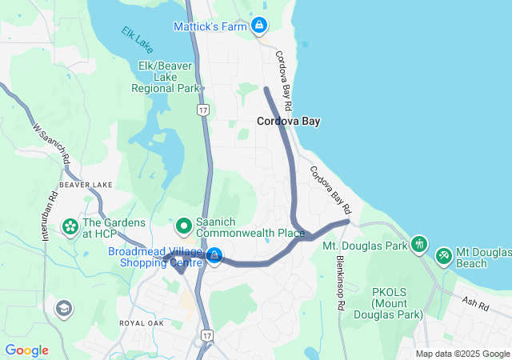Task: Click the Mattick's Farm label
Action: click(x=210, y=26)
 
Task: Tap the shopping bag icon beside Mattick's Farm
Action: click(x=259, y=26)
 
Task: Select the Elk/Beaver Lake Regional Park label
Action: click(x=167, y=76)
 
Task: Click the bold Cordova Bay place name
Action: click(x=288, y=122)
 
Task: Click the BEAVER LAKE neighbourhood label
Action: click(x=86, y=185)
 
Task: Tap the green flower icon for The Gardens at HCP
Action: click(x=70, y=227)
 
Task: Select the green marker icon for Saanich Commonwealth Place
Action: click(x=183, y=226)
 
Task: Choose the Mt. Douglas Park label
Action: click(x=365, y=246)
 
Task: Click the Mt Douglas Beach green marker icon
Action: click(x=444, y=255)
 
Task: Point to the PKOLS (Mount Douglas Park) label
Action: click(x=397, y=303)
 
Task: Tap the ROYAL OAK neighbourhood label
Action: click(x=141, y=323)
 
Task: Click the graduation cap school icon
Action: click(x=62, y=308)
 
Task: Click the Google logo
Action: click(x=27, y=350)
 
